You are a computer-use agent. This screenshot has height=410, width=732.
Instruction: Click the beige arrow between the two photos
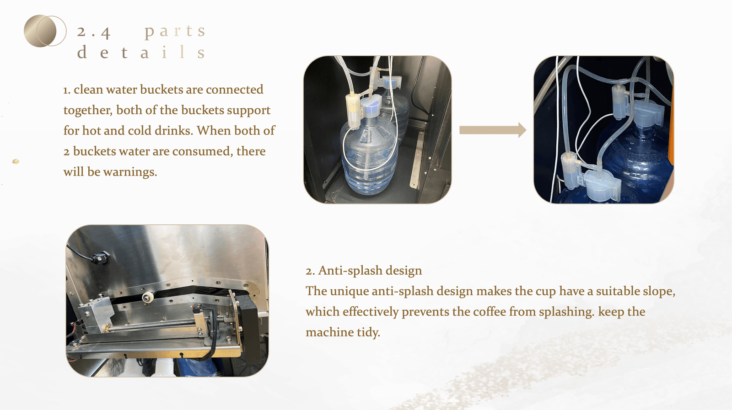click(493, 130)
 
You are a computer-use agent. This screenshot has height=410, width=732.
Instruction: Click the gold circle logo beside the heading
click(45, 31)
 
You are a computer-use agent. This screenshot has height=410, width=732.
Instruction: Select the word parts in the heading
click(175, 32)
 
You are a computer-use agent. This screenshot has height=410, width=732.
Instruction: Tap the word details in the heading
click(141, 52)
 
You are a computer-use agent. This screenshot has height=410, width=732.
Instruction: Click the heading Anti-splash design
click(364, 271)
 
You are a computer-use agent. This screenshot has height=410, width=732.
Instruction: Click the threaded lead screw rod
click(163, 324)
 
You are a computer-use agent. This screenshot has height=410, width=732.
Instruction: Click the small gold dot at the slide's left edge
click(16, 161)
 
